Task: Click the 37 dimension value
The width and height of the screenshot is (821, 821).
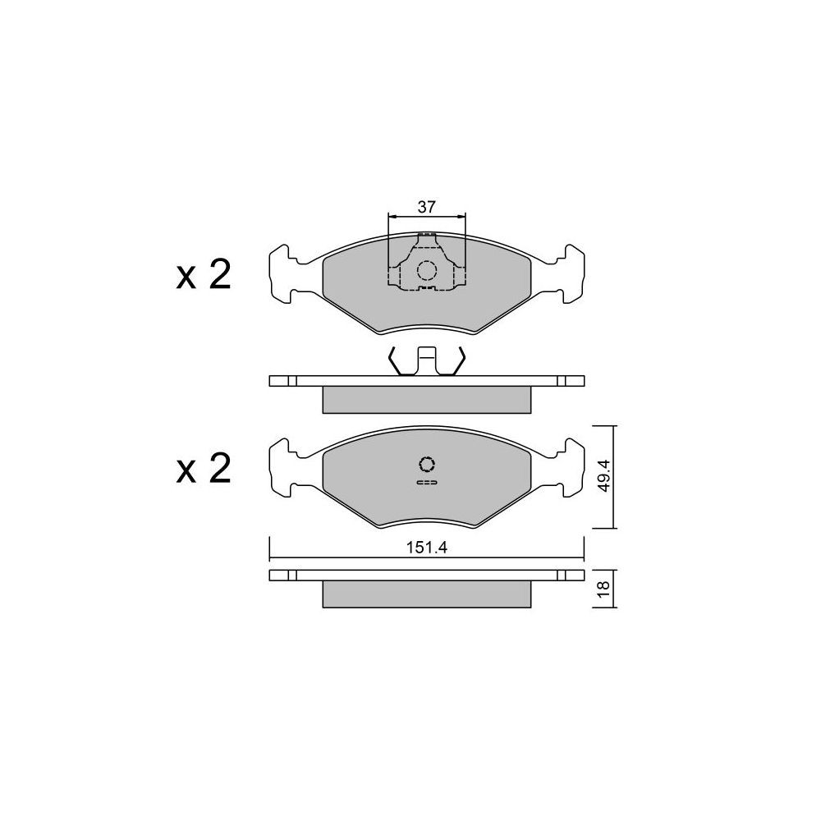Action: point(426,207)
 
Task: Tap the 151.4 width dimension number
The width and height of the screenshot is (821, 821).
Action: point(426,548)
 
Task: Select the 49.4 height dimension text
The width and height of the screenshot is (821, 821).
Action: point(604,475)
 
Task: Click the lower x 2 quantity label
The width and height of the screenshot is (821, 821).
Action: point(204,469)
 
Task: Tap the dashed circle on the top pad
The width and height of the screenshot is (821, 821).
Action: point(426,270)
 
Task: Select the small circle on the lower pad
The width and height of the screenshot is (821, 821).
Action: point(427,464)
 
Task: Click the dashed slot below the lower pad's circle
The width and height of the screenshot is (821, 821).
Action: point(427,482)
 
